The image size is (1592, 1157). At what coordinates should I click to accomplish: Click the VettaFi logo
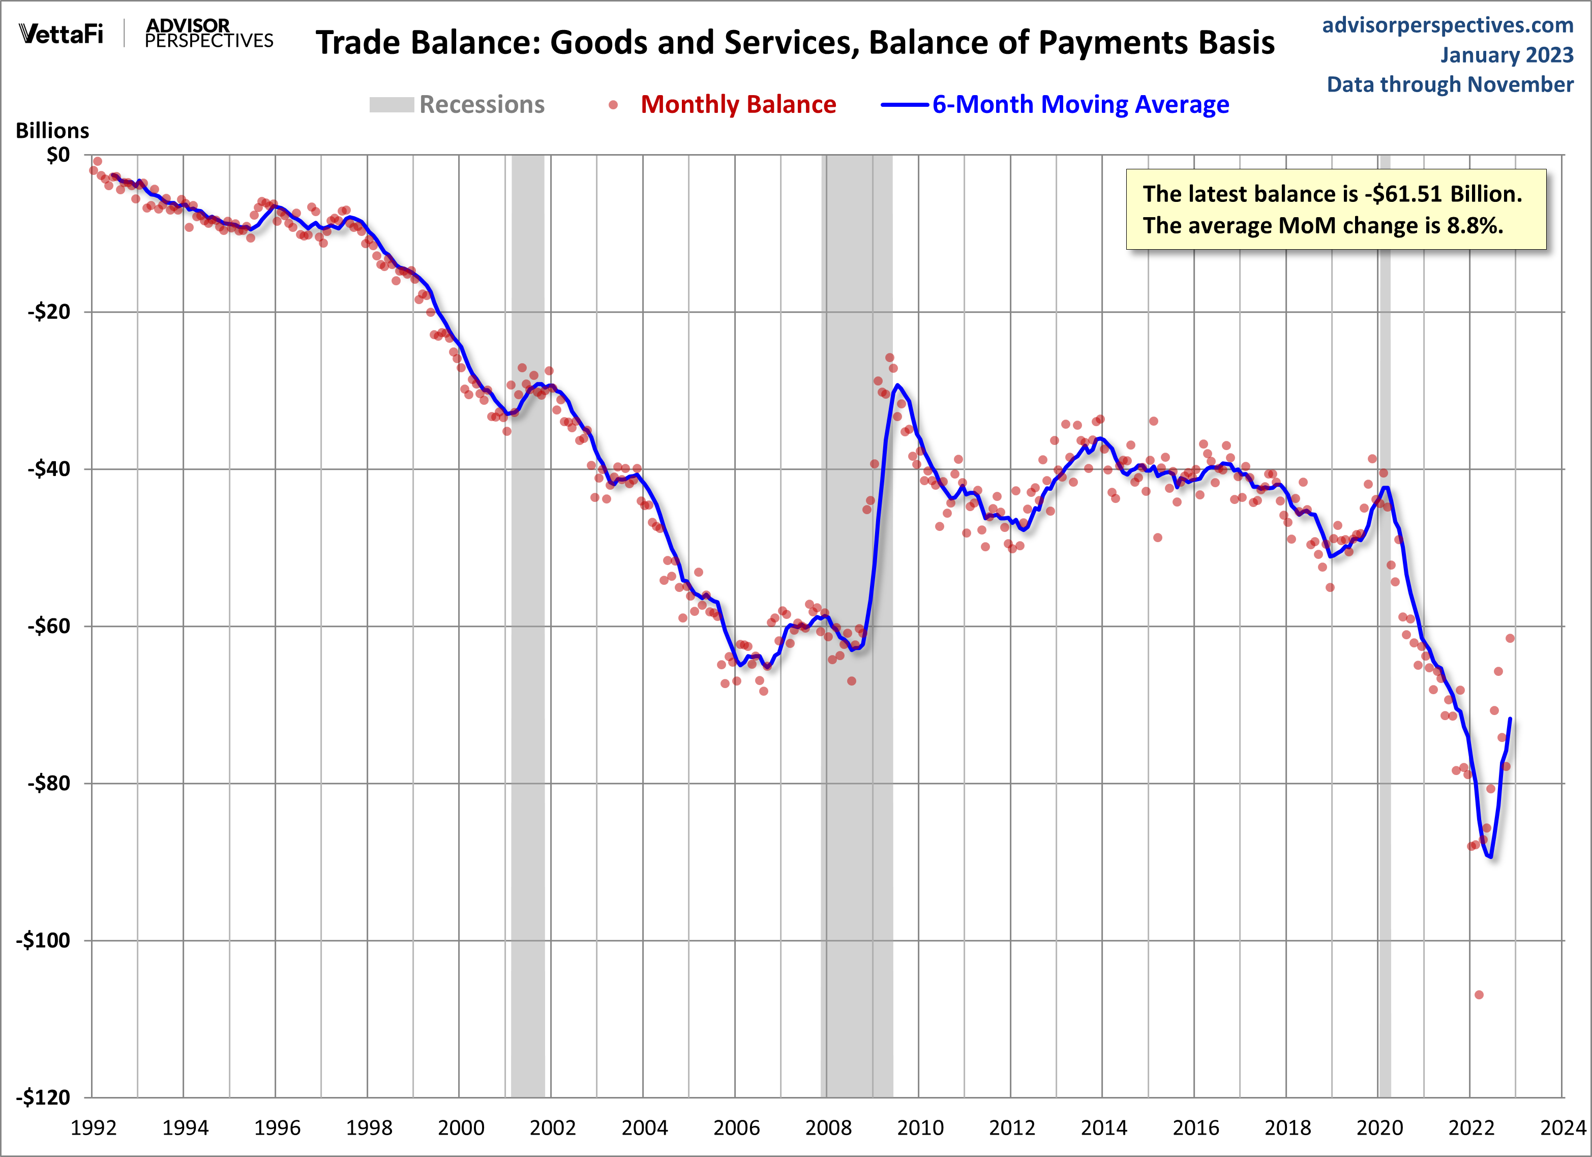tap(61, 33)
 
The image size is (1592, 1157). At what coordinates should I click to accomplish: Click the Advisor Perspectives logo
tap(208, 34)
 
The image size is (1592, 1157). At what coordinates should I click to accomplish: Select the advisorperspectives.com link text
tap(1448, 25)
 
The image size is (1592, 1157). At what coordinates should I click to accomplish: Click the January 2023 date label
tap(1507, 55)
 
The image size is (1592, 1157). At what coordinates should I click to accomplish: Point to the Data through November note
tap(1450, 84)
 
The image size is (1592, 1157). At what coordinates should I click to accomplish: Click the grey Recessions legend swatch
tap(391, 105)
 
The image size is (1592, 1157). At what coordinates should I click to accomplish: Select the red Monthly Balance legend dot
tap(613, 105)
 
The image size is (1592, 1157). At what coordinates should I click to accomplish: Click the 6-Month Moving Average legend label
tap(1080, 105)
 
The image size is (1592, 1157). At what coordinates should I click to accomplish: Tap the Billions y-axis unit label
tap(53, 131)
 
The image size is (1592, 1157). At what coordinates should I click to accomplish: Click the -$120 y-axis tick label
tap(44, 1096)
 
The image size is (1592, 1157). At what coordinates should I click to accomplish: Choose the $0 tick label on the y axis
tap(58, 155)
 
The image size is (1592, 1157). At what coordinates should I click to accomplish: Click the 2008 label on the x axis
tap(828, 1128)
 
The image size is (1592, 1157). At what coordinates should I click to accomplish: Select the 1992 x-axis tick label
tap(94, 1128)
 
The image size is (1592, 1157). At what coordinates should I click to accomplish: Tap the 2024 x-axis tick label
tap(1563, 1128)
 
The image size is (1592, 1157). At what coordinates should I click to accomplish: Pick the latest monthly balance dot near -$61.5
tap(1510, 638)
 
